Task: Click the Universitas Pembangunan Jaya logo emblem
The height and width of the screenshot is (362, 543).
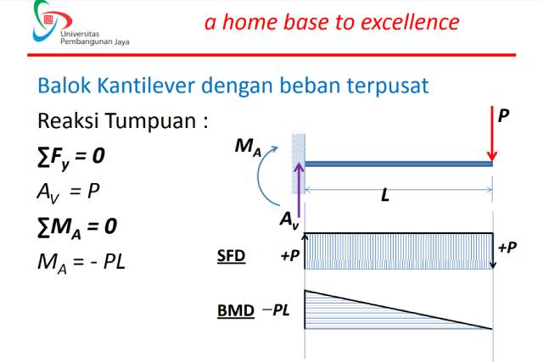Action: point(43,21)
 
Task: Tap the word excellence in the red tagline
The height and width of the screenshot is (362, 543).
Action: point(404,22)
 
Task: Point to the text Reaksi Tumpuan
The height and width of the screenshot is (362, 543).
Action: point(122,121)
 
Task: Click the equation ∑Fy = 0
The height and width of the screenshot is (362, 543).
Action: point(72,156)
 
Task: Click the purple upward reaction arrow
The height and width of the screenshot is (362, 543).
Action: point(299,186)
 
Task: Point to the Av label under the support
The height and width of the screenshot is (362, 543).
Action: point(289,220)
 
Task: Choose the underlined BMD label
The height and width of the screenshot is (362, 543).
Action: point(235,310)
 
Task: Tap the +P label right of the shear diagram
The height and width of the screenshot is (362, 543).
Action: point(507,248)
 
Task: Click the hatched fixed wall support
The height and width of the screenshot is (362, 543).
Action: point(299,148)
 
